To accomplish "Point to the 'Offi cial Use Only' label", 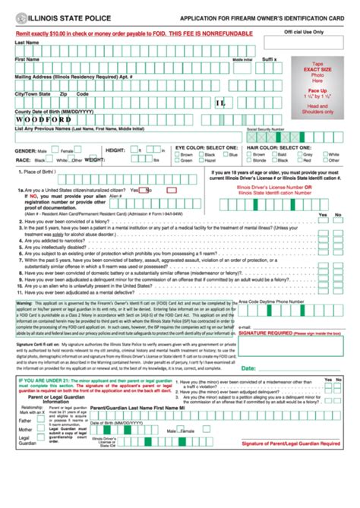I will [x=303, y=33].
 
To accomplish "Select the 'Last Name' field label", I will [x=27, y=43].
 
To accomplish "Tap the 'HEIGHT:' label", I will [x=115, y=150].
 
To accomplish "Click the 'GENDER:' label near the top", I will [x=25, y=150].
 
